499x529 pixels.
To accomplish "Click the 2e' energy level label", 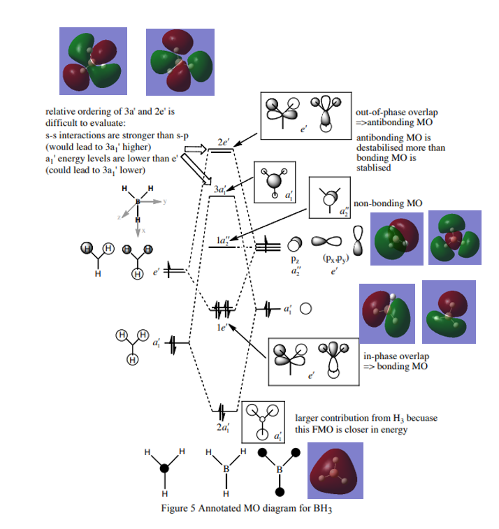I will click(x=223, y=141).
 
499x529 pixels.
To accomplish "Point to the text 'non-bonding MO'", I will click(x=388, y=203).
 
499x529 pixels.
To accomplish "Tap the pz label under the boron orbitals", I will click(x=295, y=259).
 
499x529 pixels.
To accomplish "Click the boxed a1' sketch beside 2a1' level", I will click(x=263, y=421).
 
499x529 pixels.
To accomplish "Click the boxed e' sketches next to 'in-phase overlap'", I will click(x=312, y=359).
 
